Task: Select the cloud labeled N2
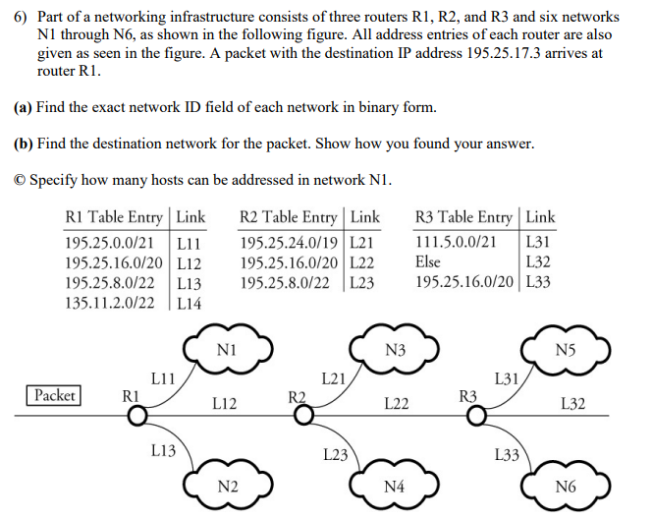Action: (x=227, y=486)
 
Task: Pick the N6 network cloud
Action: (x=566, y=486)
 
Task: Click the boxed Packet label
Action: (x=54, y=395)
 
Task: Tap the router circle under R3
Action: (x=475, y=417)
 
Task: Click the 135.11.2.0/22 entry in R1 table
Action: (x=109, y=303)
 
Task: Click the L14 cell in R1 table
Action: (x=190, y=303)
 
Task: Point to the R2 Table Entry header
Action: (x=292, y=216)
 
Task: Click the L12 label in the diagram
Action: (x=224, y=403)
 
